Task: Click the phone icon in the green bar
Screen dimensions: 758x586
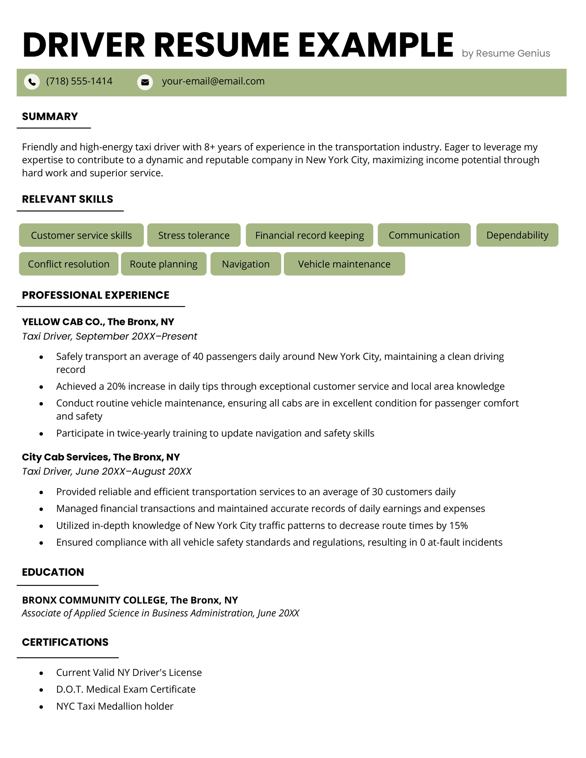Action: point(32,82)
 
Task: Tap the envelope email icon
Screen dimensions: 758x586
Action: point(145,82)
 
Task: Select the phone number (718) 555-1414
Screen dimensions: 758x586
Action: point(79,81)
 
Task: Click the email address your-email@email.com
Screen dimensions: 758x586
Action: point(213,81)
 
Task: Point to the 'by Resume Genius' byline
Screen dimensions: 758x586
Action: point(506,53)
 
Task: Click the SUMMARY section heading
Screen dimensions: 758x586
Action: point(50,116)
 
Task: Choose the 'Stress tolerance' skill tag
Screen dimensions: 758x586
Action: point(194,235)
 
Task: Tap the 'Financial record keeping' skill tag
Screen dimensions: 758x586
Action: point(309,235)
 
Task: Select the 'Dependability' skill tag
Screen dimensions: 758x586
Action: point(517,235)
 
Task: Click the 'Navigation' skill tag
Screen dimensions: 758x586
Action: point(246,264)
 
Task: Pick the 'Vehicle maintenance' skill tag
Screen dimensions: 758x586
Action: point(344,264)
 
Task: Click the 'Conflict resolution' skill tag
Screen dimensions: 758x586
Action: point(68,264)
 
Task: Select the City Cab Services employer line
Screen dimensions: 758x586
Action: point(101,457)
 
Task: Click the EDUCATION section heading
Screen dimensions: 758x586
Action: point(53,572)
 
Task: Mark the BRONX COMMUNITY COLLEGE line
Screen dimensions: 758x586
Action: point(130,600)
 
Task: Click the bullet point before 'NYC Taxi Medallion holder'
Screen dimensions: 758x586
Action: point(41,707)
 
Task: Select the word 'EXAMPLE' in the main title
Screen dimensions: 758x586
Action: point(376,45)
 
